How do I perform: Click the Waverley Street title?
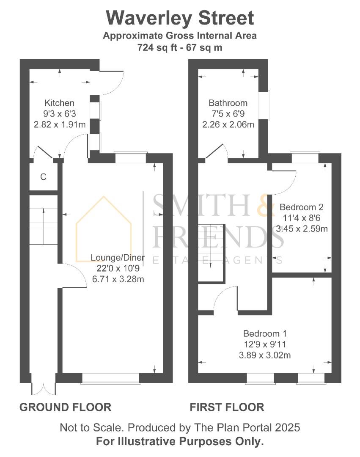point(180,18)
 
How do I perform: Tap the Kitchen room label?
point(60,103)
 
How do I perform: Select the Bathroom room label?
point(228,103)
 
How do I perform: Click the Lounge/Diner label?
point(118,258)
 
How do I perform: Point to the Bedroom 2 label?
point(302,207)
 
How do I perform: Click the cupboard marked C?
point(43,177)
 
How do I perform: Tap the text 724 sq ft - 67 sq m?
point(180,47)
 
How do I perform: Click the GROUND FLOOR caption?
point(66,407)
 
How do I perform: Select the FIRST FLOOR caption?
point(227,407)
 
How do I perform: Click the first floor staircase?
point(211,252)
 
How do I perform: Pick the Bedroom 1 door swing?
point(226,298)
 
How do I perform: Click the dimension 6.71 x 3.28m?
point(118,279)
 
